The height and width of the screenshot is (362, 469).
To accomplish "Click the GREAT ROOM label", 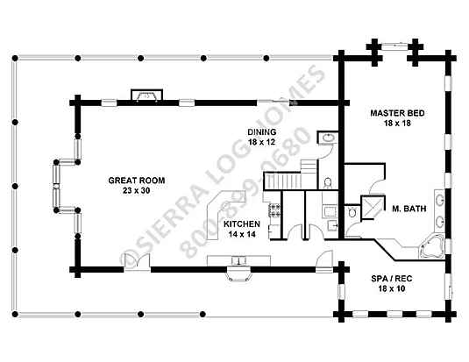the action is pos(137,181).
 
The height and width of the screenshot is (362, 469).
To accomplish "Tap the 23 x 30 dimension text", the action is pos(136,190).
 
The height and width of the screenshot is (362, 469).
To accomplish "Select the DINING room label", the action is pos(262,132).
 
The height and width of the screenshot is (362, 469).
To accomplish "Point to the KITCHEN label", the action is pos(242,224).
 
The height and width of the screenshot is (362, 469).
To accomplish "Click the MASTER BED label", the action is pos(397,113).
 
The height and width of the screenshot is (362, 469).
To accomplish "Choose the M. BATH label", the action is pos(409,209).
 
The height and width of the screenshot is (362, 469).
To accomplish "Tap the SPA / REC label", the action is pos(392,279).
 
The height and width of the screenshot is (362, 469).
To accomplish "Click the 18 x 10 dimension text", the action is pos(392,288).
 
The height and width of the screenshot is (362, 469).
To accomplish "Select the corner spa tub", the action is pos(432,247).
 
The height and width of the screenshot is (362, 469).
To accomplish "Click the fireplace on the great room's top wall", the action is pos(147,96).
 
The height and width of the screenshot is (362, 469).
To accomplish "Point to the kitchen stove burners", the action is pos(274,210).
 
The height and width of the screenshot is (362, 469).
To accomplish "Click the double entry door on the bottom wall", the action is pos(137,261).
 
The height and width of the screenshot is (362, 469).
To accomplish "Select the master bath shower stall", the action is pos(372,208).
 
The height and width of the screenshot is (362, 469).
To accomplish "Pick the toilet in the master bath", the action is pos(352,212).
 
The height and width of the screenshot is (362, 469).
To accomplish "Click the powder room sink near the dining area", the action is pos(328,138).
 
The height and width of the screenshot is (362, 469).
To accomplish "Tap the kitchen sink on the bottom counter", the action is pos(239,260).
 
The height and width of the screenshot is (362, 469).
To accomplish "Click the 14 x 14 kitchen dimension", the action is pos(242,234).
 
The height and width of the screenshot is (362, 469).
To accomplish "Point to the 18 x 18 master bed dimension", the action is pos(397,123).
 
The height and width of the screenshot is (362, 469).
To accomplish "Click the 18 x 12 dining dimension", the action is pos(262,142).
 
